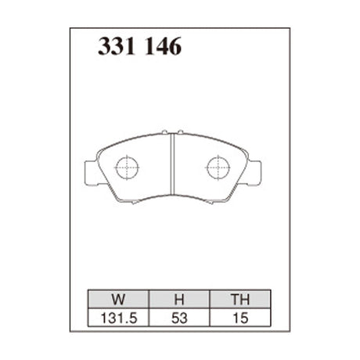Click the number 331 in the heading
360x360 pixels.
[x=116, y=48]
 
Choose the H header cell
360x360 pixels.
[x=178, y=298]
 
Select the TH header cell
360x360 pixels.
[x=239, y=298]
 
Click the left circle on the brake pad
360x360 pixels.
[x=127, y=167]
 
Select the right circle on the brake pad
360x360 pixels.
[x=218, y=167]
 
